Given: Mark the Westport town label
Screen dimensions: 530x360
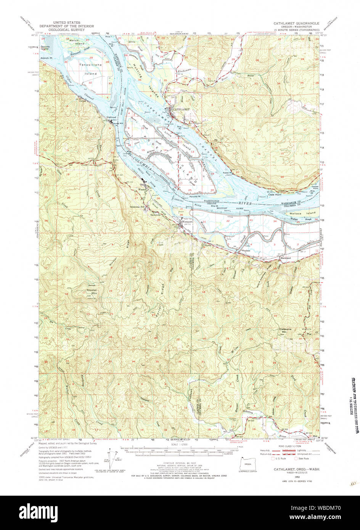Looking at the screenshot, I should coord(187,221).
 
